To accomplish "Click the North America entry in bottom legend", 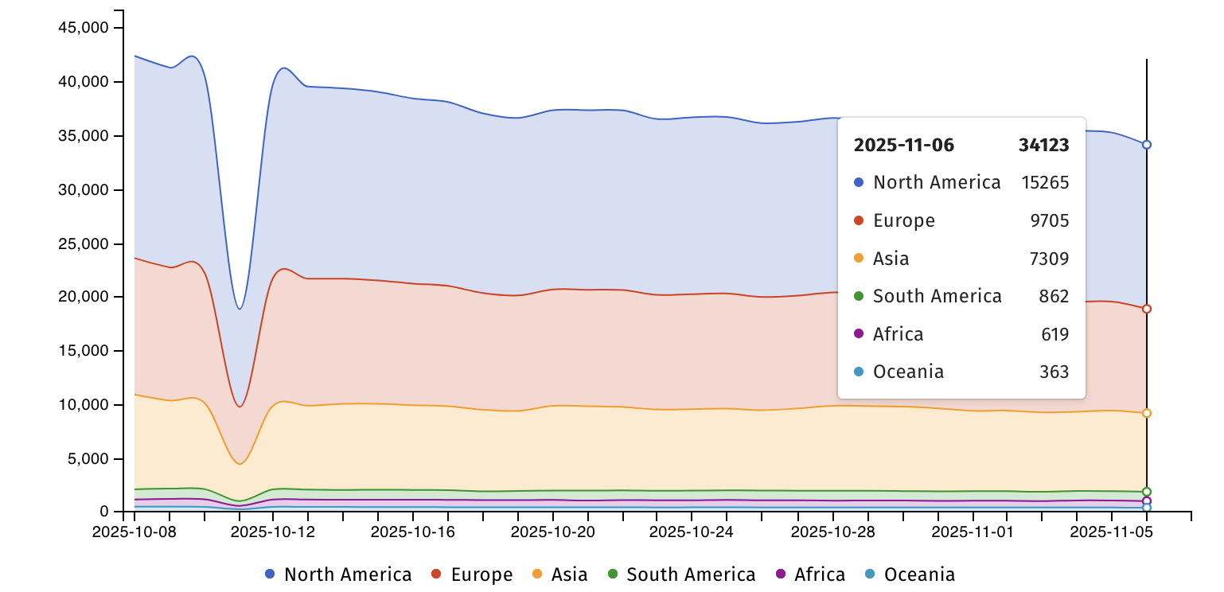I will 338,574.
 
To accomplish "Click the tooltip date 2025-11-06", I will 903,145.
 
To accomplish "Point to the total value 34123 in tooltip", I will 1043,145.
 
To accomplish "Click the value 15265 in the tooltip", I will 1045,182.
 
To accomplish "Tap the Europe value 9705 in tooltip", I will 1049,220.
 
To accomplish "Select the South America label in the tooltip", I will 937,296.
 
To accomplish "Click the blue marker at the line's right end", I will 1147,145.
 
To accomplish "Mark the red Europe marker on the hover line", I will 1147,309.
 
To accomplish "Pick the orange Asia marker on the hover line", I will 1147,413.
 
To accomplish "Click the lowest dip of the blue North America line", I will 240,309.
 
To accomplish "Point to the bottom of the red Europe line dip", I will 240,407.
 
